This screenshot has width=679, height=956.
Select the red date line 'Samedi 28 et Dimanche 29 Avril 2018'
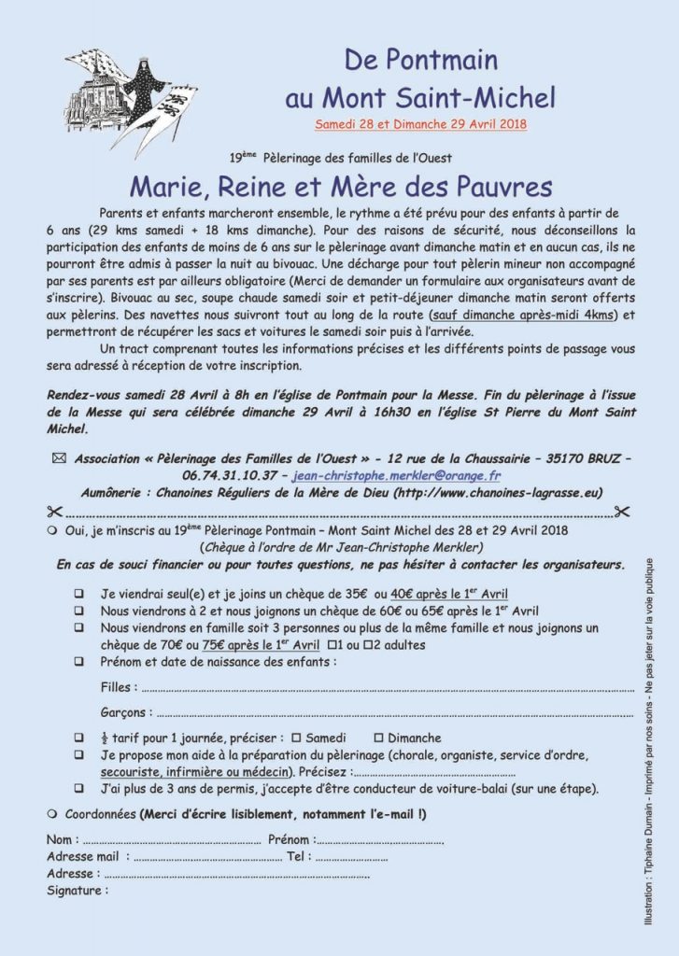[x=420, y=123]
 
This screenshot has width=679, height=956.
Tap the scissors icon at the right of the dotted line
[x=624, y=512]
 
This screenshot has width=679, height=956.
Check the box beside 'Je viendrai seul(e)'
[x=79, y=594]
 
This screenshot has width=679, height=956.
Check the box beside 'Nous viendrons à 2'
[x=79, y=612]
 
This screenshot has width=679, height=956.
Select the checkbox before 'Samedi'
[x=295, y=738]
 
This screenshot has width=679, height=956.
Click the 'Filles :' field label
[x=119, y=688]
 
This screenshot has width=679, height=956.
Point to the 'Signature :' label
[x=77, y=890]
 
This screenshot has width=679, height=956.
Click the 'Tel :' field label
[x=298, y=856]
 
